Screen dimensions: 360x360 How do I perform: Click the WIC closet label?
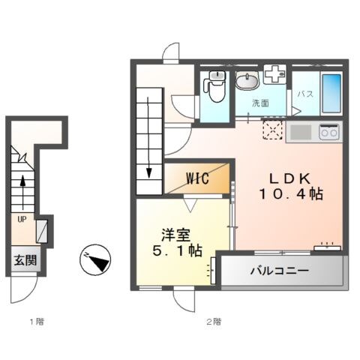[x=198, y=178]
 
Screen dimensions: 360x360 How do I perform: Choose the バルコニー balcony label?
[x=280, y=270]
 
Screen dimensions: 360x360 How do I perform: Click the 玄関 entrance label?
[x=25, y=261]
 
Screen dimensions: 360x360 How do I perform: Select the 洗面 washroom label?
[x=260, y=102]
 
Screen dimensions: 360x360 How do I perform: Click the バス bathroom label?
[x=305, y=94]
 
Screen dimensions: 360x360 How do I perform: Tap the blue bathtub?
[x=331, y=91]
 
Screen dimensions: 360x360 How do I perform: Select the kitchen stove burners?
[x=328, y=132]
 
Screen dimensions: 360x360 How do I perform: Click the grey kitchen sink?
[x=300, y=133]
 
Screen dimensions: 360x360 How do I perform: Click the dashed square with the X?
[x=271, y=130]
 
